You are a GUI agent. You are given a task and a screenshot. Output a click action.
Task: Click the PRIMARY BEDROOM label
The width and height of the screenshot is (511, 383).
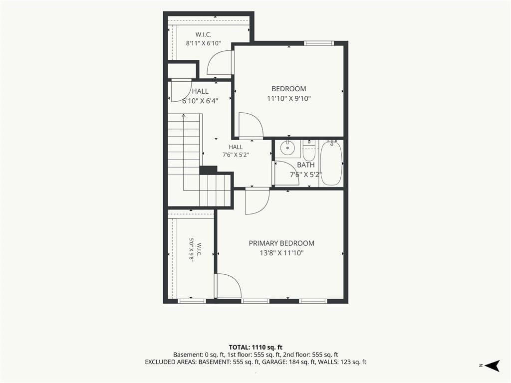pos(281,243)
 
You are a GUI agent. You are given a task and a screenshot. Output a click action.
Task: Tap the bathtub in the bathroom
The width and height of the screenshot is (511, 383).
pos(331,163)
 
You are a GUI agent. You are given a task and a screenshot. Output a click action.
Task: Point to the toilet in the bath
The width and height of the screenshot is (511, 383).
pos(308,150)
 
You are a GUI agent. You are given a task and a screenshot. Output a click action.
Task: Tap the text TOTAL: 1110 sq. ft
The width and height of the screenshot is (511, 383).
pos(255,347)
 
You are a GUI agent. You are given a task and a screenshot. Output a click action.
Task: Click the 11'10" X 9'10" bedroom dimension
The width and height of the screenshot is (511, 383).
pos(289,98)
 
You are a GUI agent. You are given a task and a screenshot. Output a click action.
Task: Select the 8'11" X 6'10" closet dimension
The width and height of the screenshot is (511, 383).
pos(204,43)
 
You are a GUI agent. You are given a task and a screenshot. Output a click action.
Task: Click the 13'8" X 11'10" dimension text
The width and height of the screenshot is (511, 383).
pos(281,253)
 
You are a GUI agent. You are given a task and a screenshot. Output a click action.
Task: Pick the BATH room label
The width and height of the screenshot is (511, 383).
pos(306,165)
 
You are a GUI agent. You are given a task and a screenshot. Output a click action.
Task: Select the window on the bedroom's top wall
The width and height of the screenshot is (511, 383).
pos(319,43)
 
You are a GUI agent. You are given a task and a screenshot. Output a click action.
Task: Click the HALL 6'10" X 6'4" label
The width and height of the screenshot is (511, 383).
pos(200,96)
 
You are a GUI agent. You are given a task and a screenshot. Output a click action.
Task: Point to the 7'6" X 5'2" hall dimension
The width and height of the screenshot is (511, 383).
pos(236,155)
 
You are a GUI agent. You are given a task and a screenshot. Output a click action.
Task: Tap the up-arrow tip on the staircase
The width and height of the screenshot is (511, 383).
pos(184,115)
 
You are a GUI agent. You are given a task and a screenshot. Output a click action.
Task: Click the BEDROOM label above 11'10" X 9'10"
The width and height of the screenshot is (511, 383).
pos(289,89)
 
